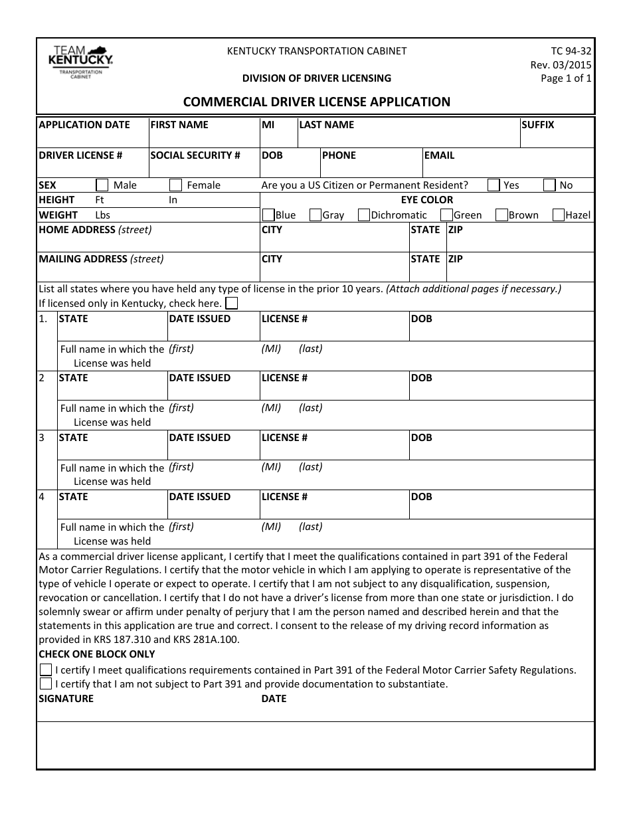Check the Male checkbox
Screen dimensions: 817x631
point(102,185)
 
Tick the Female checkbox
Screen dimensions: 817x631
point(175,185)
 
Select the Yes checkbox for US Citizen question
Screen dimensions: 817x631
point(494,185)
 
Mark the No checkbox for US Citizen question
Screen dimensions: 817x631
point(549,185)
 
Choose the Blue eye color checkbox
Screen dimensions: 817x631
point(268,215)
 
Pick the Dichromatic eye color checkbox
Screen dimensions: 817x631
point(364,215)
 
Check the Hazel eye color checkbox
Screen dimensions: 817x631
point(559,215)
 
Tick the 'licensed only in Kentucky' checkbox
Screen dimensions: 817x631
point(232,304)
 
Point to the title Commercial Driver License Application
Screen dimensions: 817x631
point(316,102)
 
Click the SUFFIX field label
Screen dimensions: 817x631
point(537,125)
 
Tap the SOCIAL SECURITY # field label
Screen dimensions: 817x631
point(195,155)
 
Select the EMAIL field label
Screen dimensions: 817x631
point(439,155)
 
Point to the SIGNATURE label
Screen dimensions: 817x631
point(66,699)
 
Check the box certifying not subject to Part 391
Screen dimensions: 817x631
point(46,683)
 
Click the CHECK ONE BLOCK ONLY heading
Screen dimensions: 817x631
point(97,654)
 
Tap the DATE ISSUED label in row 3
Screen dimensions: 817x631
point(200,438)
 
